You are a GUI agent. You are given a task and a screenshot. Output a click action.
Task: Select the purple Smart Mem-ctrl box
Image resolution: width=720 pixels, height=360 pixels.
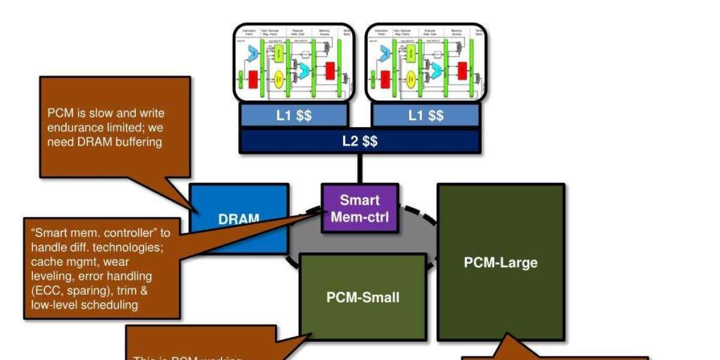pos(359,208)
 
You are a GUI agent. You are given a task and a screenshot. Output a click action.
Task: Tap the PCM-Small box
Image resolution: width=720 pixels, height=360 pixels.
pos(362,296)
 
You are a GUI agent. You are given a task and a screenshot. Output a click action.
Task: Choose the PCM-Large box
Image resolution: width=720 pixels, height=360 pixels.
pos(500,262)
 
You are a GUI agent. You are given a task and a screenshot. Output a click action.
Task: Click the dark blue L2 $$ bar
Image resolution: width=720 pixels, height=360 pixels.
pos(359,142)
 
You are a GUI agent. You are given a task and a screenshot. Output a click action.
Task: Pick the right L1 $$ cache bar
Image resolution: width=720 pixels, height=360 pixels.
pos(426,116)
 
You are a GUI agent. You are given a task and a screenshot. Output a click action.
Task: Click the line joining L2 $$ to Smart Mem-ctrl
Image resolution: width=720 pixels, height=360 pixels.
pos(359,168)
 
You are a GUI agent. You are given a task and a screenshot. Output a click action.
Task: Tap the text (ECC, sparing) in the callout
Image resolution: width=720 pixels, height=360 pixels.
pos(64,290)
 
